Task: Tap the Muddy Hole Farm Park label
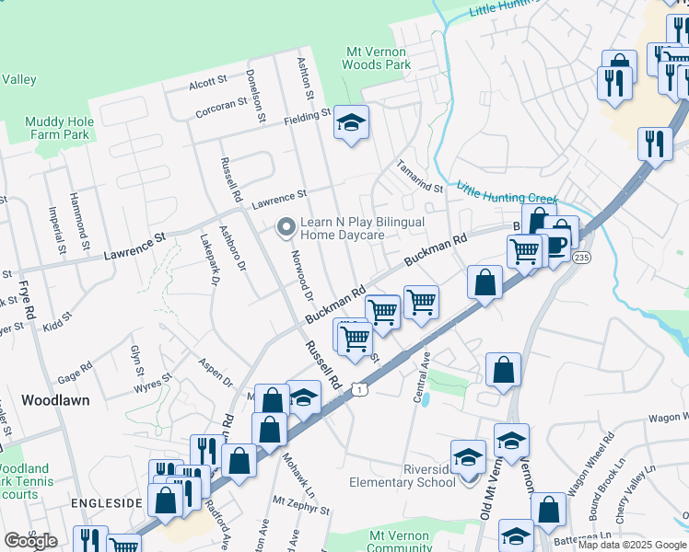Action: pyautogui.click(x=57, y=128)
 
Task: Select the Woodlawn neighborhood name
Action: pyautogui.click(x=55, y=400)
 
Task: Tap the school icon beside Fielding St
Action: pyautogui.click(x=350, y=123)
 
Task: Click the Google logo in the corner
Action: pyautogui.click(x=30, y=541)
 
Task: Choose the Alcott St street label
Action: pyautogui.click(x=207, y=83)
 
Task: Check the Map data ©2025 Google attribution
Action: pyautogui.click(x=631, y=545)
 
